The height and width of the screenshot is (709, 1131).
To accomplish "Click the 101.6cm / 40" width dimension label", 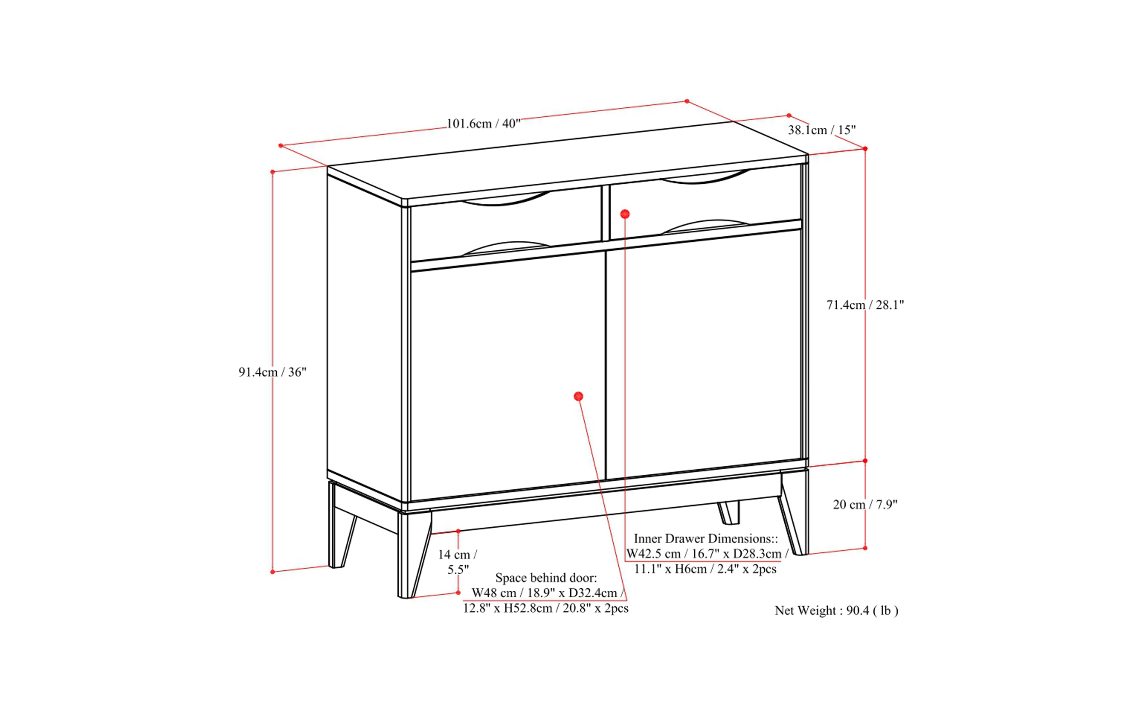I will tap(483, 124).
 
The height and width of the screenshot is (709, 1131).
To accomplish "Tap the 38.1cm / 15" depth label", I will tap(821, 130).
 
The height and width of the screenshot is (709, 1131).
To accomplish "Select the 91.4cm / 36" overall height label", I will tap(272, 372).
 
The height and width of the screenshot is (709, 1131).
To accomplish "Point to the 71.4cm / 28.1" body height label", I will tap(865, 305).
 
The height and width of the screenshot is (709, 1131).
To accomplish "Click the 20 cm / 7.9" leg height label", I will tap(865, 505).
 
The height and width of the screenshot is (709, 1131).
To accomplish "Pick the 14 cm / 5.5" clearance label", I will tap(457, 562).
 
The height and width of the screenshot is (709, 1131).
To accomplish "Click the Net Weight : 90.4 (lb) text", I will tap(836, 611).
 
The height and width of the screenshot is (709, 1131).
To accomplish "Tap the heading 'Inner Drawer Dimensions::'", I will tap(706, 538).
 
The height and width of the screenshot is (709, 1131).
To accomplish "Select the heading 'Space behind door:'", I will tap(546, 578).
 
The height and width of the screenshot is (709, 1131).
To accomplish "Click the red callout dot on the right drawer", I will tap(625, 214).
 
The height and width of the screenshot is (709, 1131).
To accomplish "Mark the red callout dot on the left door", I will tap(578, 396).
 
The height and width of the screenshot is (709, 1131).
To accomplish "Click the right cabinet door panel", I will tap(703, 356).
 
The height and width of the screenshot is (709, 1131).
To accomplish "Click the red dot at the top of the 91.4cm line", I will tap(273, 172).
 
